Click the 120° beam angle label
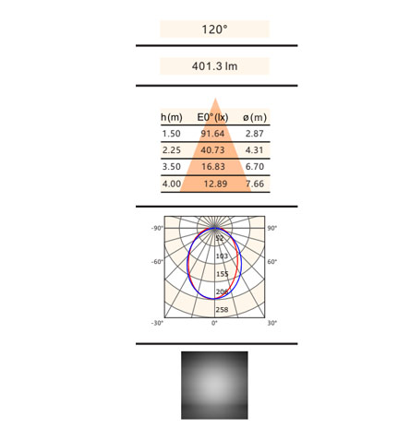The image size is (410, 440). click(214, 30)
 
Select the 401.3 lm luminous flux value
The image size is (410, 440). click(214, 66)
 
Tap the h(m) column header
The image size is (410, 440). click(172, 117)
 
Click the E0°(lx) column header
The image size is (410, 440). click(212, 117)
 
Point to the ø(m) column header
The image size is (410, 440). click(255, 117)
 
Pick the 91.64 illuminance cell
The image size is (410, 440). click(212, 134)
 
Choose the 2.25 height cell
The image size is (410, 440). click(172, 150)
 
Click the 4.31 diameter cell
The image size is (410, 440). click(255, 150)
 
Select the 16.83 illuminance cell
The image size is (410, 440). click(213, 167)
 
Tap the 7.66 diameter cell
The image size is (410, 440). click(255, 184)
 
